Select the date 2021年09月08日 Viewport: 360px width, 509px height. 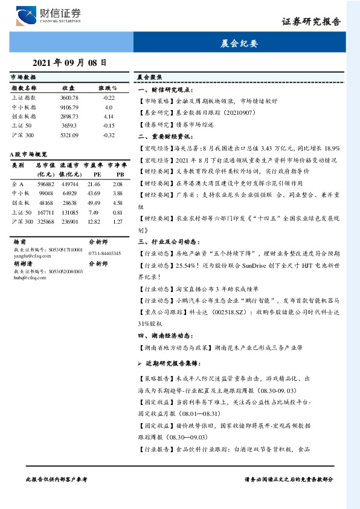point(69,62)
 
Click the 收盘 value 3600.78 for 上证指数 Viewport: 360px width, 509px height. point(69,97)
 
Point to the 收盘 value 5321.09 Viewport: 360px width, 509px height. point(69,135)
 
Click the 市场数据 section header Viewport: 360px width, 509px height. point(24,78)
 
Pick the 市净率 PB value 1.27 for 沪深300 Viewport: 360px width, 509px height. point(118,222)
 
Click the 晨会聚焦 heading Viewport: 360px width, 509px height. point(149,78)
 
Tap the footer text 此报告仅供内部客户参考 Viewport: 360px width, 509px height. point(57,479)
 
